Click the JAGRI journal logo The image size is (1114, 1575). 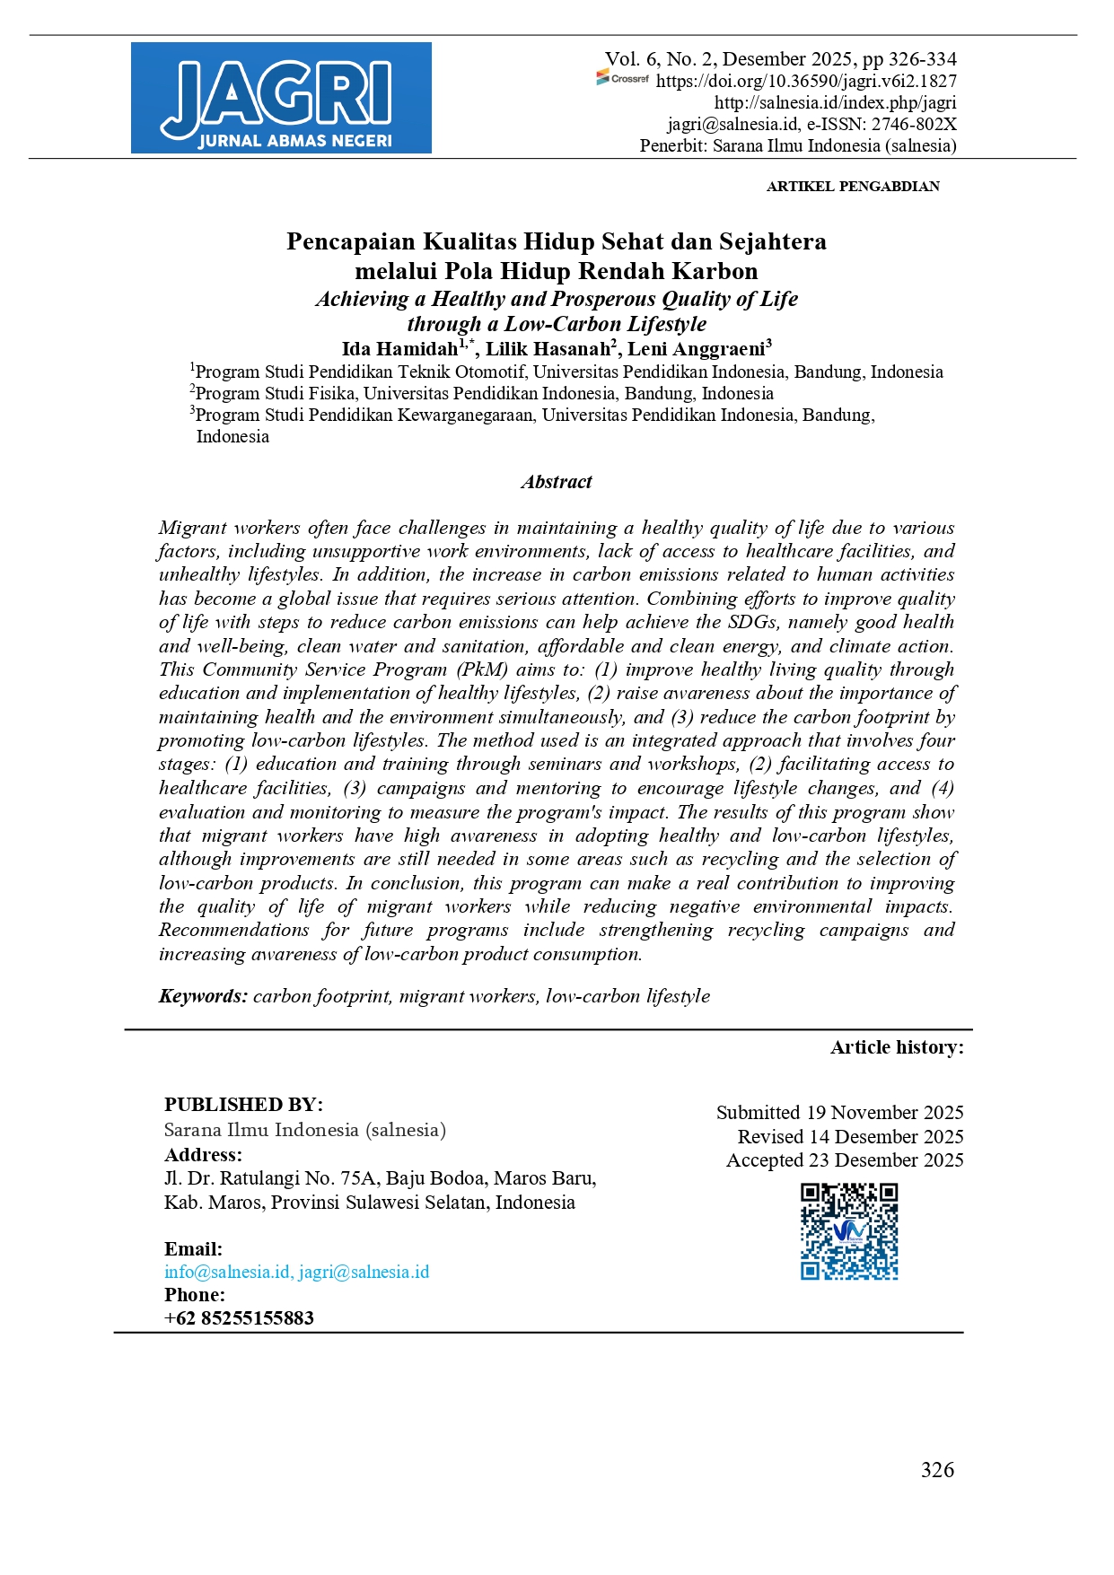(281, 98)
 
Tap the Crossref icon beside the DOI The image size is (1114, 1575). (622, 79)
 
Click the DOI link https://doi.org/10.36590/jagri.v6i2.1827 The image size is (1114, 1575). (806, 81)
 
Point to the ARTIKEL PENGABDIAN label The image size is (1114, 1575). (853, 187)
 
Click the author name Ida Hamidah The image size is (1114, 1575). (399, 349)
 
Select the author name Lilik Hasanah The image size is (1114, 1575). (548, 349)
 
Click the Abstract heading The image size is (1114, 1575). (557, 482)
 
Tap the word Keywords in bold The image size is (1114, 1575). (202, 996)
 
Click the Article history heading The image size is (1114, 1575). (897, 1047)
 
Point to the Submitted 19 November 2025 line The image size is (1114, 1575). (839, 1113)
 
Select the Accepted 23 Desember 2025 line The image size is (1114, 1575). (845, 1160)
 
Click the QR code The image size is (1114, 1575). (849, 1231)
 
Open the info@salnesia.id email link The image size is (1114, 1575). (227, 1272)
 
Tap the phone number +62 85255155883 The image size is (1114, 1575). (239, 1318)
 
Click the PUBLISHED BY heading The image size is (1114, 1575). (243, 1105)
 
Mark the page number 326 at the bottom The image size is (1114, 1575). (937, 1470)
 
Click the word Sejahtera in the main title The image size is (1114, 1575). (773, 241)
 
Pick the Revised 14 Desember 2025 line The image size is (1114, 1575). (850, 1137)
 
